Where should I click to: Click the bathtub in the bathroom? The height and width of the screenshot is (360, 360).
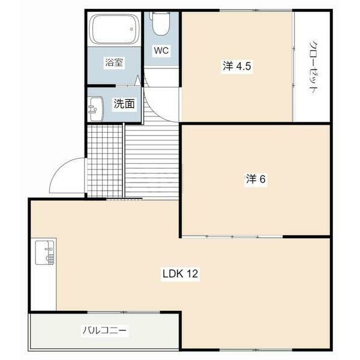tap(114, 29)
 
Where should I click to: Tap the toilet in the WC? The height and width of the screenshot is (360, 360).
tap(160, 23)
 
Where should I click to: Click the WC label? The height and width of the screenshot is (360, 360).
tap(161, 50)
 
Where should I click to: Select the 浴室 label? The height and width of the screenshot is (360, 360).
tap(114, 62)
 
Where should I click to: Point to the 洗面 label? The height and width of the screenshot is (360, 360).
tap(124, 104)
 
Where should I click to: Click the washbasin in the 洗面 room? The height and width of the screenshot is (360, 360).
tap(95, 109)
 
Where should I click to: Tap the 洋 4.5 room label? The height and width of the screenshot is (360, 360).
tap(237, 67)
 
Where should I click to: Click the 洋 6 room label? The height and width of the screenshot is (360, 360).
tap(256, 179)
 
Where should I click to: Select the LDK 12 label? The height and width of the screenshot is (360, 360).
tap(180, 274)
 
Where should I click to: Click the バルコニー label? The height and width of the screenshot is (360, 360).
tap(104, 331)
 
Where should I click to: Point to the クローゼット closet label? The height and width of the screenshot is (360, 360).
tap(313, 67)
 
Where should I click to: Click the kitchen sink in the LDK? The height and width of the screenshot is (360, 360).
tap(45, 253)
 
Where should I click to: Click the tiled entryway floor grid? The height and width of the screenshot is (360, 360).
tap(104, 161)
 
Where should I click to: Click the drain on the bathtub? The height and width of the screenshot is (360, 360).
tap(131, 29)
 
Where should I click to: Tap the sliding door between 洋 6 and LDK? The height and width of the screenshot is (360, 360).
tap(232, 236)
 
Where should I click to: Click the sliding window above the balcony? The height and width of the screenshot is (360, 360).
tap(124, 312)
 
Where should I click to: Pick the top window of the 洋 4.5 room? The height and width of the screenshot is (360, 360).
tap(256, 10)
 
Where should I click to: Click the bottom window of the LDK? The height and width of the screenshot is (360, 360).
tap(256, 350)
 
